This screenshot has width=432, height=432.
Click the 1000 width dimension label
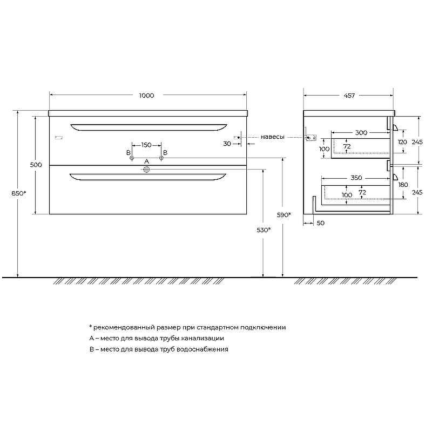(146, 96)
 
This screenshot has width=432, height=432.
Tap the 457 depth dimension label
(349, 96)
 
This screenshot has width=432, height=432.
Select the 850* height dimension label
(19, 193)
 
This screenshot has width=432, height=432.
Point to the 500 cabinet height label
(36, 165)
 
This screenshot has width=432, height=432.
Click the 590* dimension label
(284, 215)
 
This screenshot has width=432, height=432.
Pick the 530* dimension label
(264, 230)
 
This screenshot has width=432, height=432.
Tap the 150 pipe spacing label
(146, 145)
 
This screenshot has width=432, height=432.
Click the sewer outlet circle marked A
(146, 170)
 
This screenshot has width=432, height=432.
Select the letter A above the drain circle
(146, 161)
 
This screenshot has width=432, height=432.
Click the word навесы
(273, 137)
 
